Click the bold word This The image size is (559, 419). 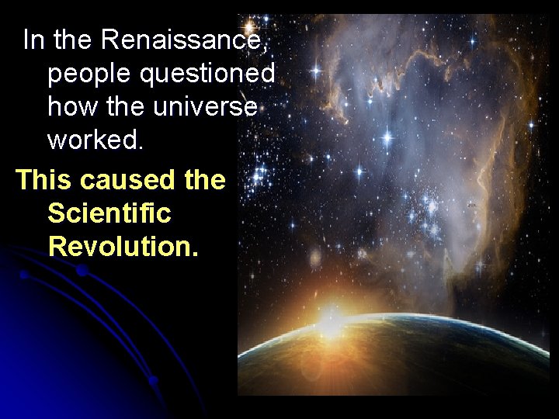(x=44, y=179)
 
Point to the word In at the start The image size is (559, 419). (x=33, y=40)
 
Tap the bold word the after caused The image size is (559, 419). (x=205, y=179)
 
